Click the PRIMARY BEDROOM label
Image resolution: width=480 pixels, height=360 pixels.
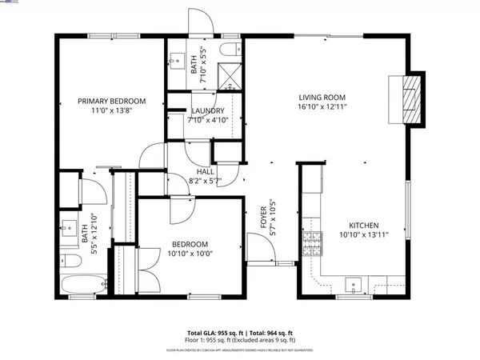[112, 101]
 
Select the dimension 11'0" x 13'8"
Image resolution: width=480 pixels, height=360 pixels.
[112, 111]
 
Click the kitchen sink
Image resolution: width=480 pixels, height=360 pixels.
[354, 283]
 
